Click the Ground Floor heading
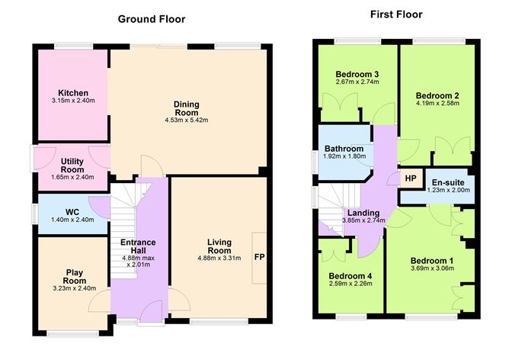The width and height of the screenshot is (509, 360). (x=151, y=18)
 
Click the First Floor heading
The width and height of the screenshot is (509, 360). (x=395, y=14)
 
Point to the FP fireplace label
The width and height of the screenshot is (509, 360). (x=260, y=257)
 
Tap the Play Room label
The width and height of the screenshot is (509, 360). (x=73, y=275)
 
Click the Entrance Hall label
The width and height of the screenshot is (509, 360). (x=138, y=247)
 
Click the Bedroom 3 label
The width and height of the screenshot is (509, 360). (x=357, y=74)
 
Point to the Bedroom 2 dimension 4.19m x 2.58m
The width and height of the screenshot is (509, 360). (x=437, y=104)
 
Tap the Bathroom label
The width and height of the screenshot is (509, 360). (x=345, y=147)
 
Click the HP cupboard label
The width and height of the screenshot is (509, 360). (x=410, y=178)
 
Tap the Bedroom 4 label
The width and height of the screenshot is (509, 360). (x=351, y=276)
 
